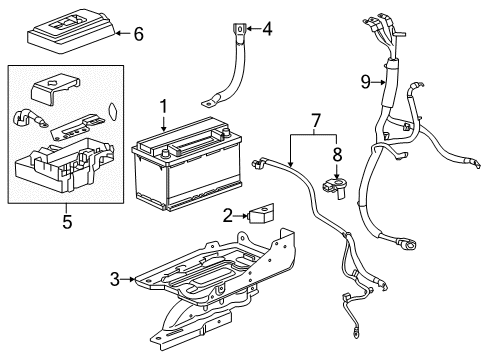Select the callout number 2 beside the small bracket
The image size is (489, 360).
(227, 214)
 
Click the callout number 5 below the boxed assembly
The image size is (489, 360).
(68, 221)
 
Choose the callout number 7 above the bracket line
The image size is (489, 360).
(316, 121)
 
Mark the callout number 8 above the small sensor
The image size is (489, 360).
(336, 156)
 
